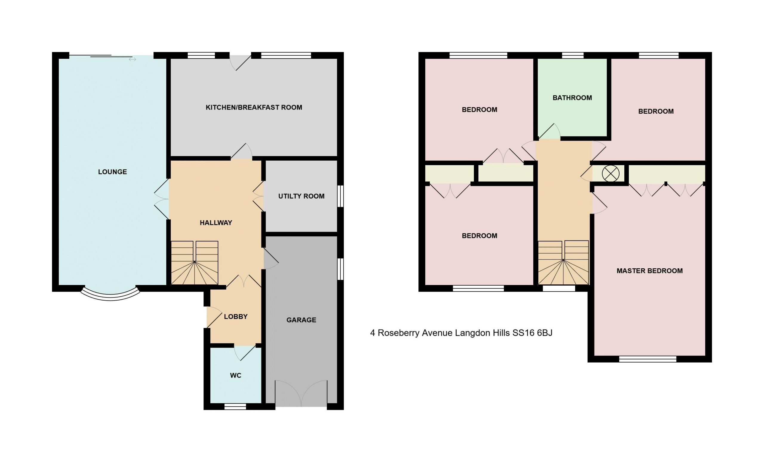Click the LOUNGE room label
coord(113,172)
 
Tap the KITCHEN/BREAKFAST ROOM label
coord(254,107)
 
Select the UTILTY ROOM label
coord(301,196)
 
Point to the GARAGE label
coord(301,320)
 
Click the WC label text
coord(236,375)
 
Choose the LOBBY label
coord(236,317)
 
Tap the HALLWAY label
coord(216,223)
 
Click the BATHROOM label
coord(572,98)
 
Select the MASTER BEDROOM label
coord(650,271)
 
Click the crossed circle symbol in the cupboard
coord(611,173)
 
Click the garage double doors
coord(301,393)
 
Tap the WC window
coord(235,406)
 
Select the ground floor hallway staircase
coord(195,263)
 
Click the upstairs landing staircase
coord(563,262)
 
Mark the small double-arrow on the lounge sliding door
coord(133,59)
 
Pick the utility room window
coord(341,196)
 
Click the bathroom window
coord(573,56)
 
